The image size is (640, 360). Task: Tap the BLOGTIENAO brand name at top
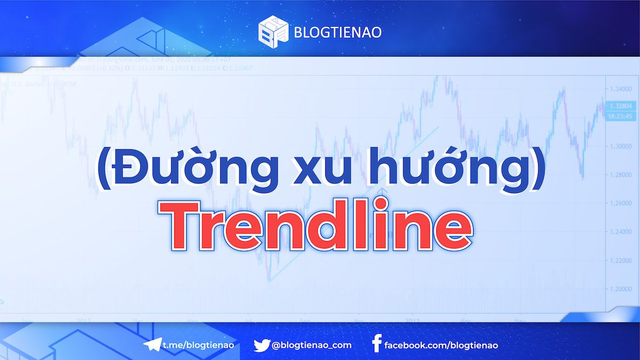338,32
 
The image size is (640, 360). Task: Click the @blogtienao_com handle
311,345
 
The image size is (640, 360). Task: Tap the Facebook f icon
377,345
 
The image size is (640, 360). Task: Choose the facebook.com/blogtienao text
441,345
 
